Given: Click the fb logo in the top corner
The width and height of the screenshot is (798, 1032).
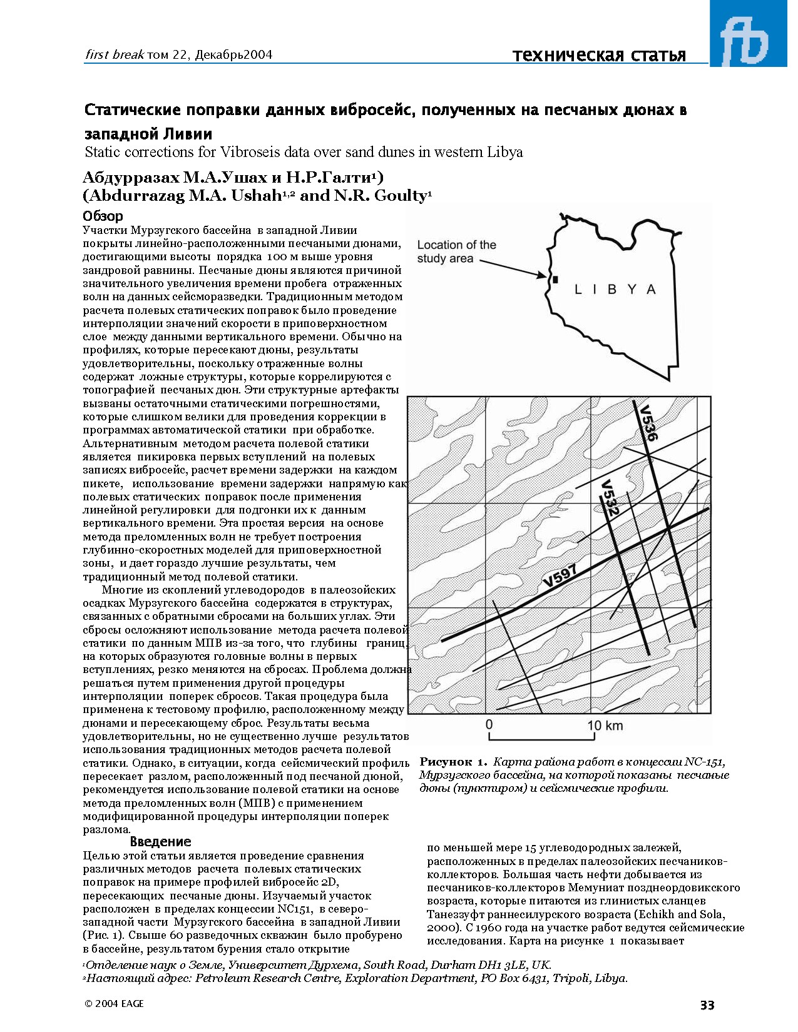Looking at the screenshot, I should pos(749,38).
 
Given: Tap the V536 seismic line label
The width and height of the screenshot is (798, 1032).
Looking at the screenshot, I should pos(647,423).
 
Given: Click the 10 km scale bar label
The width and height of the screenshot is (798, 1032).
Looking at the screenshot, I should pos(605,726).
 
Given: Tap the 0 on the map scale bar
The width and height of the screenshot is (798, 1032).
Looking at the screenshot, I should pos(489,725).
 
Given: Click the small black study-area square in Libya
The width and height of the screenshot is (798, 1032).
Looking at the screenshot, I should pos(555,280).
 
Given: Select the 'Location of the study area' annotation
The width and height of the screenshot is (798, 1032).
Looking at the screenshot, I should pos(456,251).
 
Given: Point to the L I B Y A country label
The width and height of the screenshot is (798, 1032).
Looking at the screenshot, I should pos(615,290).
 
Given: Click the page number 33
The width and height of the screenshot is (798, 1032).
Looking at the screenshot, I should pos(707,1006).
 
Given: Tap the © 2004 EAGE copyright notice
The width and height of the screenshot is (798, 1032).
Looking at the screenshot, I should pos(114,1004).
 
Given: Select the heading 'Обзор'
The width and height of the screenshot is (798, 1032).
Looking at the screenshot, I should pos(103,216).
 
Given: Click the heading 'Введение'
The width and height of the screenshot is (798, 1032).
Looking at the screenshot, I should pos(160,842).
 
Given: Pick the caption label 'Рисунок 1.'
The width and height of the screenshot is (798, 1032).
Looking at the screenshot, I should pos(453,762).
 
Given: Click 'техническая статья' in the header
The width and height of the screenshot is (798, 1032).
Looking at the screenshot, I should pos(599,55).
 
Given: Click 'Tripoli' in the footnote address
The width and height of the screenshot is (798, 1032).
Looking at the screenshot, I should pos(570,978).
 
